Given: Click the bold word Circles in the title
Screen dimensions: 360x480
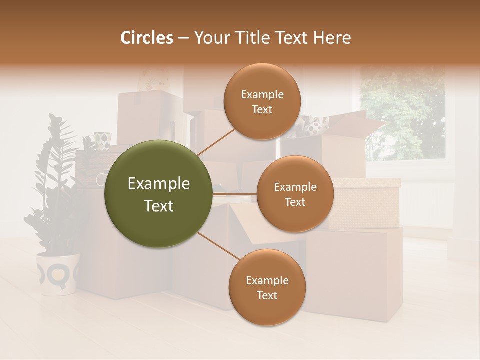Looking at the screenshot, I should point(147,38).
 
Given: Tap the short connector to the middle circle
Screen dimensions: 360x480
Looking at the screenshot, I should point(235,194).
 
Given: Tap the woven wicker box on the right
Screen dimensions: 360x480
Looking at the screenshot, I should point(367,202).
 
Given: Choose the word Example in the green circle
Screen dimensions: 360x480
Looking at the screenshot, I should point(158,184).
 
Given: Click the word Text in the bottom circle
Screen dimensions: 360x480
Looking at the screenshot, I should point(267,295).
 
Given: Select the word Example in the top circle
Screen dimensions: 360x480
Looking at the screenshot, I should point(262,94).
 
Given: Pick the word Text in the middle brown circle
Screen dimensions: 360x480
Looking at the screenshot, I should point(295,202).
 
